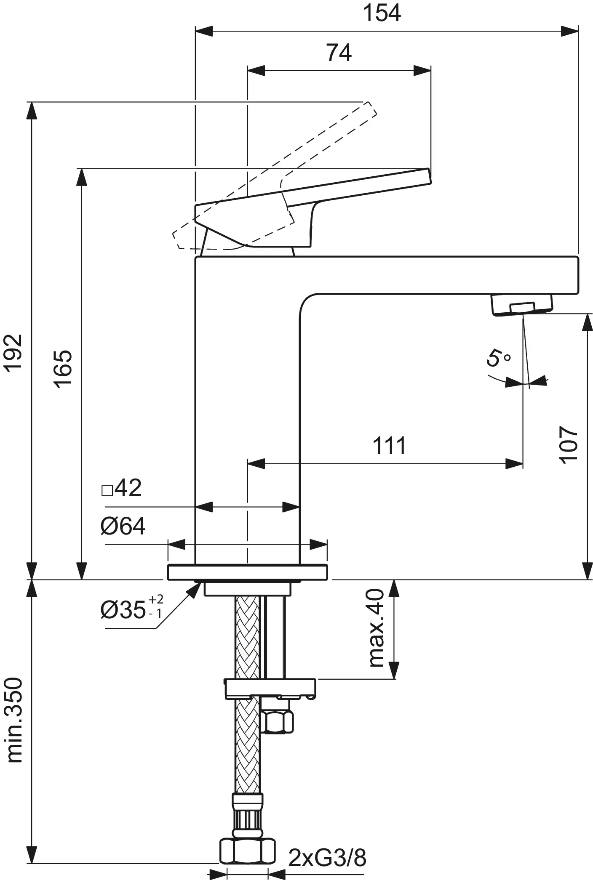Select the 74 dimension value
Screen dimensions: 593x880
coord(339,53)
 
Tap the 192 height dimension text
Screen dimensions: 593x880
coord(13,352)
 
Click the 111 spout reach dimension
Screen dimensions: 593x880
coord(389,445)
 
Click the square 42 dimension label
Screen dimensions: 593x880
coord(121,488)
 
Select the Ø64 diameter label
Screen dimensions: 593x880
coord(123,526)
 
